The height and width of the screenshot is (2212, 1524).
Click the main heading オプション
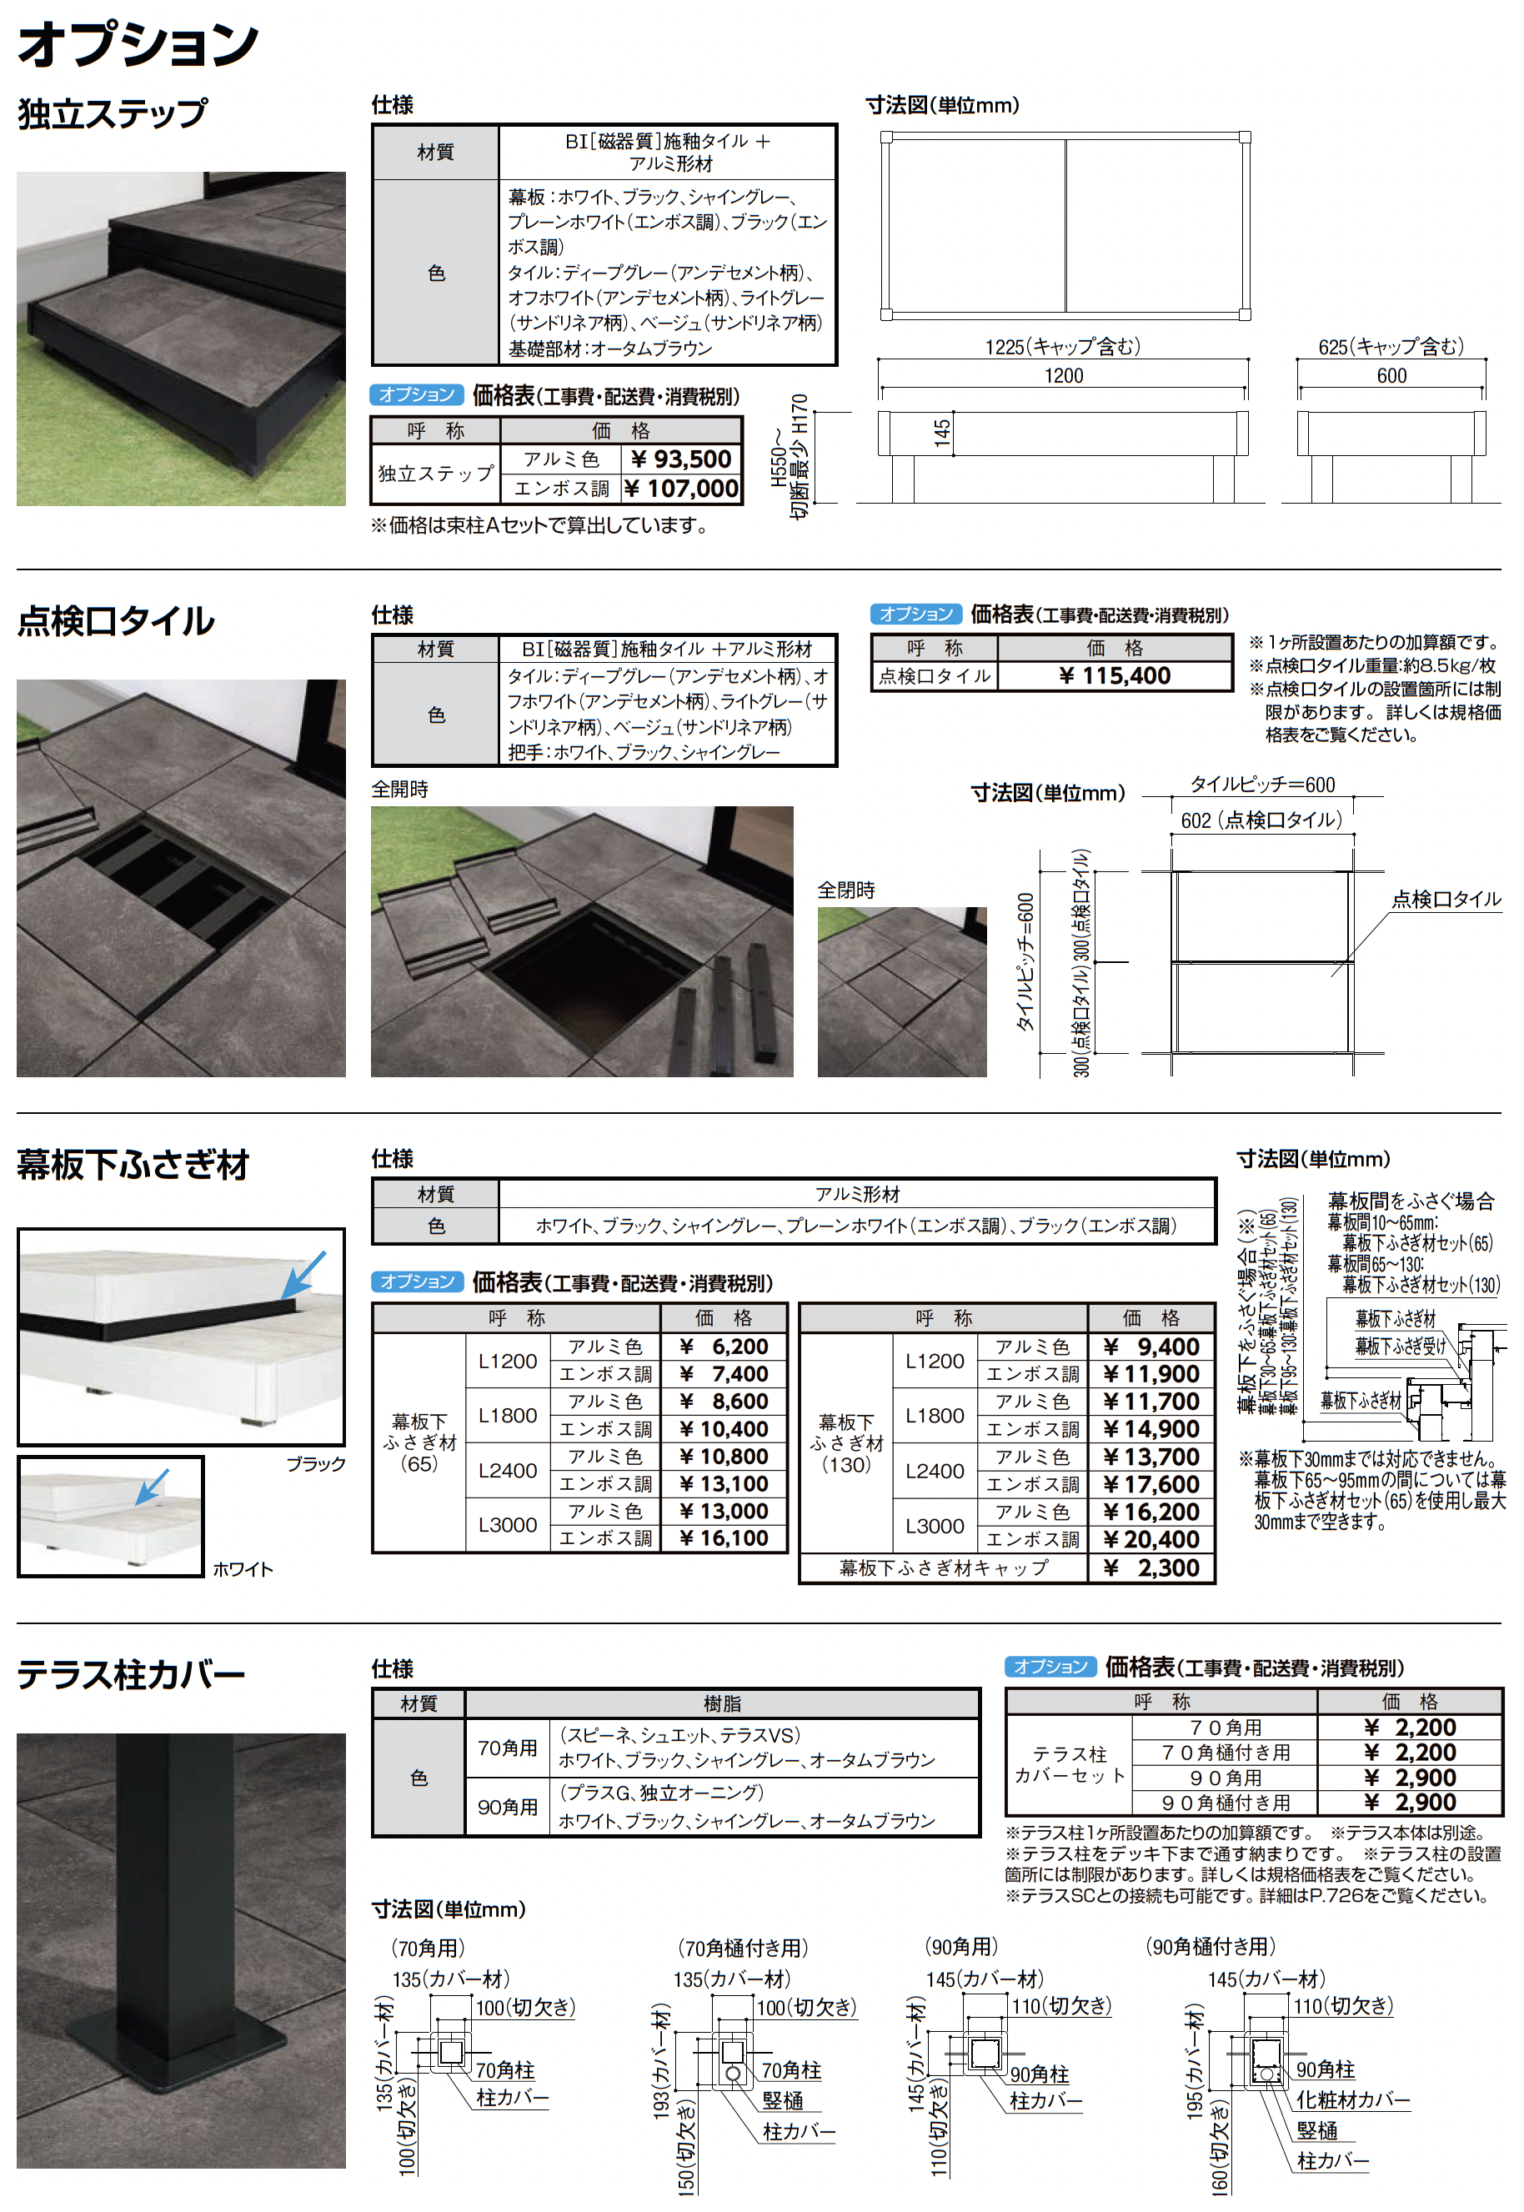click(x=138, y=45)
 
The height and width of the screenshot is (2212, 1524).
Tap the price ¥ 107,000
click(x=681, y=489)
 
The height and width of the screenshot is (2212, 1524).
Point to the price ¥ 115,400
click(x=1115, y=676)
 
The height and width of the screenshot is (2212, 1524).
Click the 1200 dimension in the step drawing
click(x=1063, y=375)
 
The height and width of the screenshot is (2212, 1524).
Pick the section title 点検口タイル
click(x=116, y=620)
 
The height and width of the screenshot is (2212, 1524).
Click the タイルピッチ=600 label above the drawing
click(x=1261, y=785)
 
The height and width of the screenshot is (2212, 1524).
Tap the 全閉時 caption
click(x=846, y=890)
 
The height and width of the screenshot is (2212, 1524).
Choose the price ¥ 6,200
click(x=724, y=1346)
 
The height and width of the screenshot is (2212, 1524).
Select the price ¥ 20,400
click(x=1151, y=1539)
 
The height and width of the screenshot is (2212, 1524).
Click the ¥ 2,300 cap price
click(x=1151, y=1567)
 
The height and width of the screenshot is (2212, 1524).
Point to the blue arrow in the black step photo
click(x=303, y=1275)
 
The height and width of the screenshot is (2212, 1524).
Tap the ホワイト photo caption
click(x=243, y=1568)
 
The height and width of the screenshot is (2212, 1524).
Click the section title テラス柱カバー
click(x=132, y=1674)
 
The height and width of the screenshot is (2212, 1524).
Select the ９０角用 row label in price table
click(x=1226, y=1778)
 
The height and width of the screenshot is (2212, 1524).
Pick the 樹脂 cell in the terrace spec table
click(x=722, y=1703)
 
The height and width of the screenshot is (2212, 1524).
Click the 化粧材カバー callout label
click(x=1352, y=2099)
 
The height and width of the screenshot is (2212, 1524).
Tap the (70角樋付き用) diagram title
click(x=742, y=1947)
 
